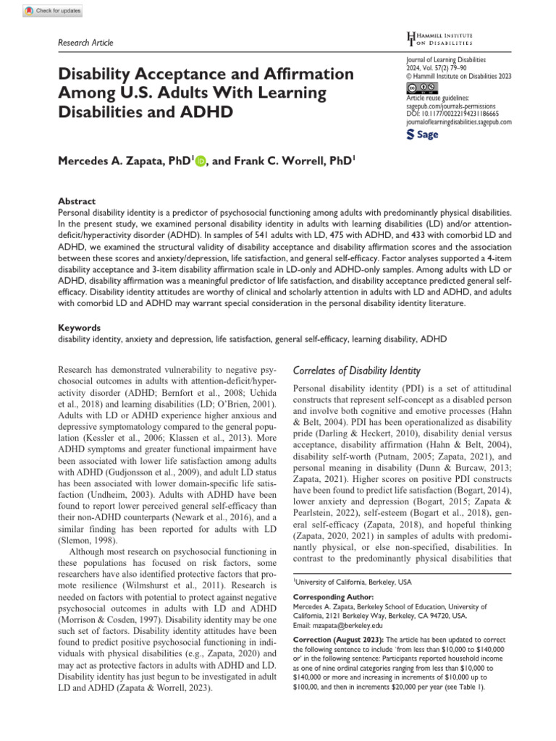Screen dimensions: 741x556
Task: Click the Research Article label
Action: (x=85, y=43)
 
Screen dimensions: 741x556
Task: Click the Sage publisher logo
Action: (x=424, y=135)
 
